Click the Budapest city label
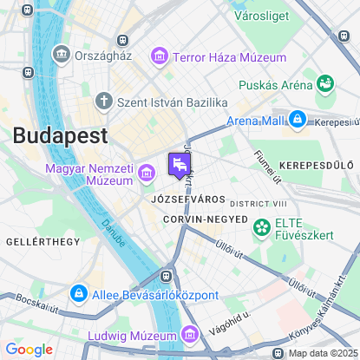60,136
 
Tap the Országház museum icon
62,54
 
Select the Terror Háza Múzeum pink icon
159,58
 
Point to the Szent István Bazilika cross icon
104,101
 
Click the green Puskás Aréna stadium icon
326,85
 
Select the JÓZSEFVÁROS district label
182,199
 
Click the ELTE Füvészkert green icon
261,227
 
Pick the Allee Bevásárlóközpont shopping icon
78,294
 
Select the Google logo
29,350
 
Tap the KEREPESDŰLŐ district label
316,165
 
